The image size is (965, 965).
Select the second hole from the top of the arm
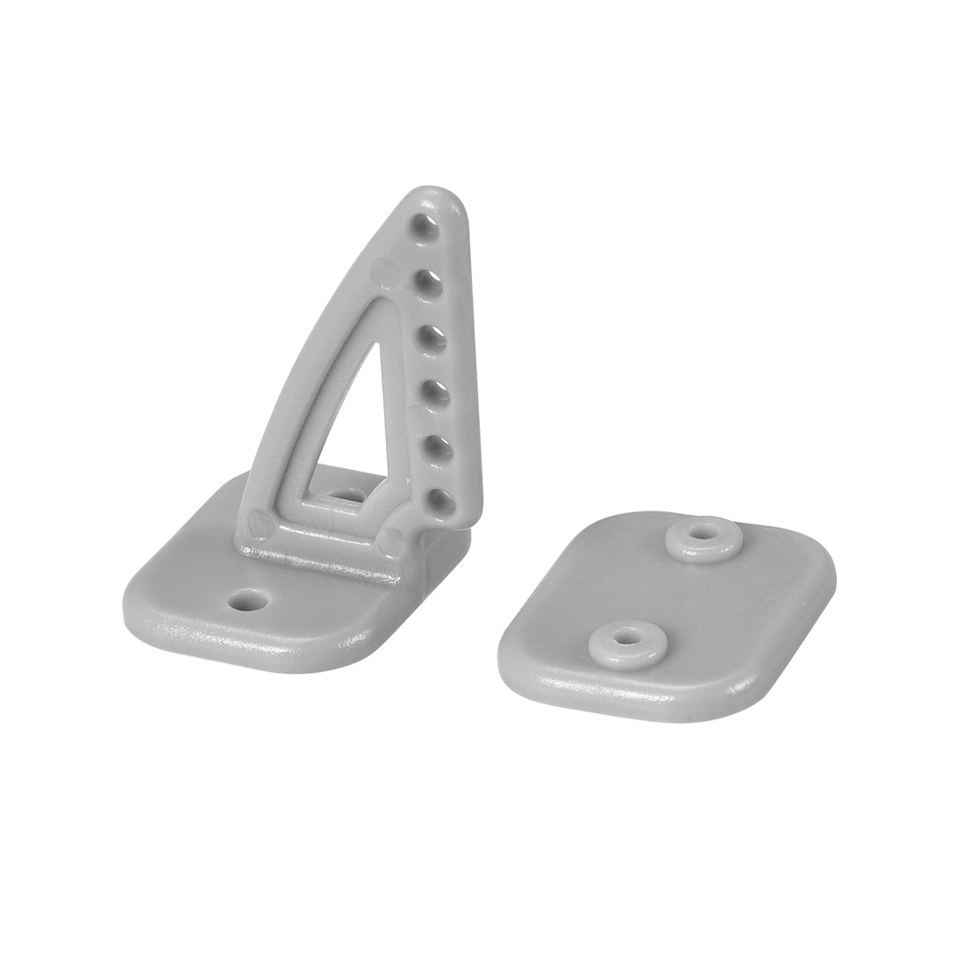point(428,280)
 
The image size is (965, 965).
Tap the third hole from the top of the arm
point(431,334)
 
